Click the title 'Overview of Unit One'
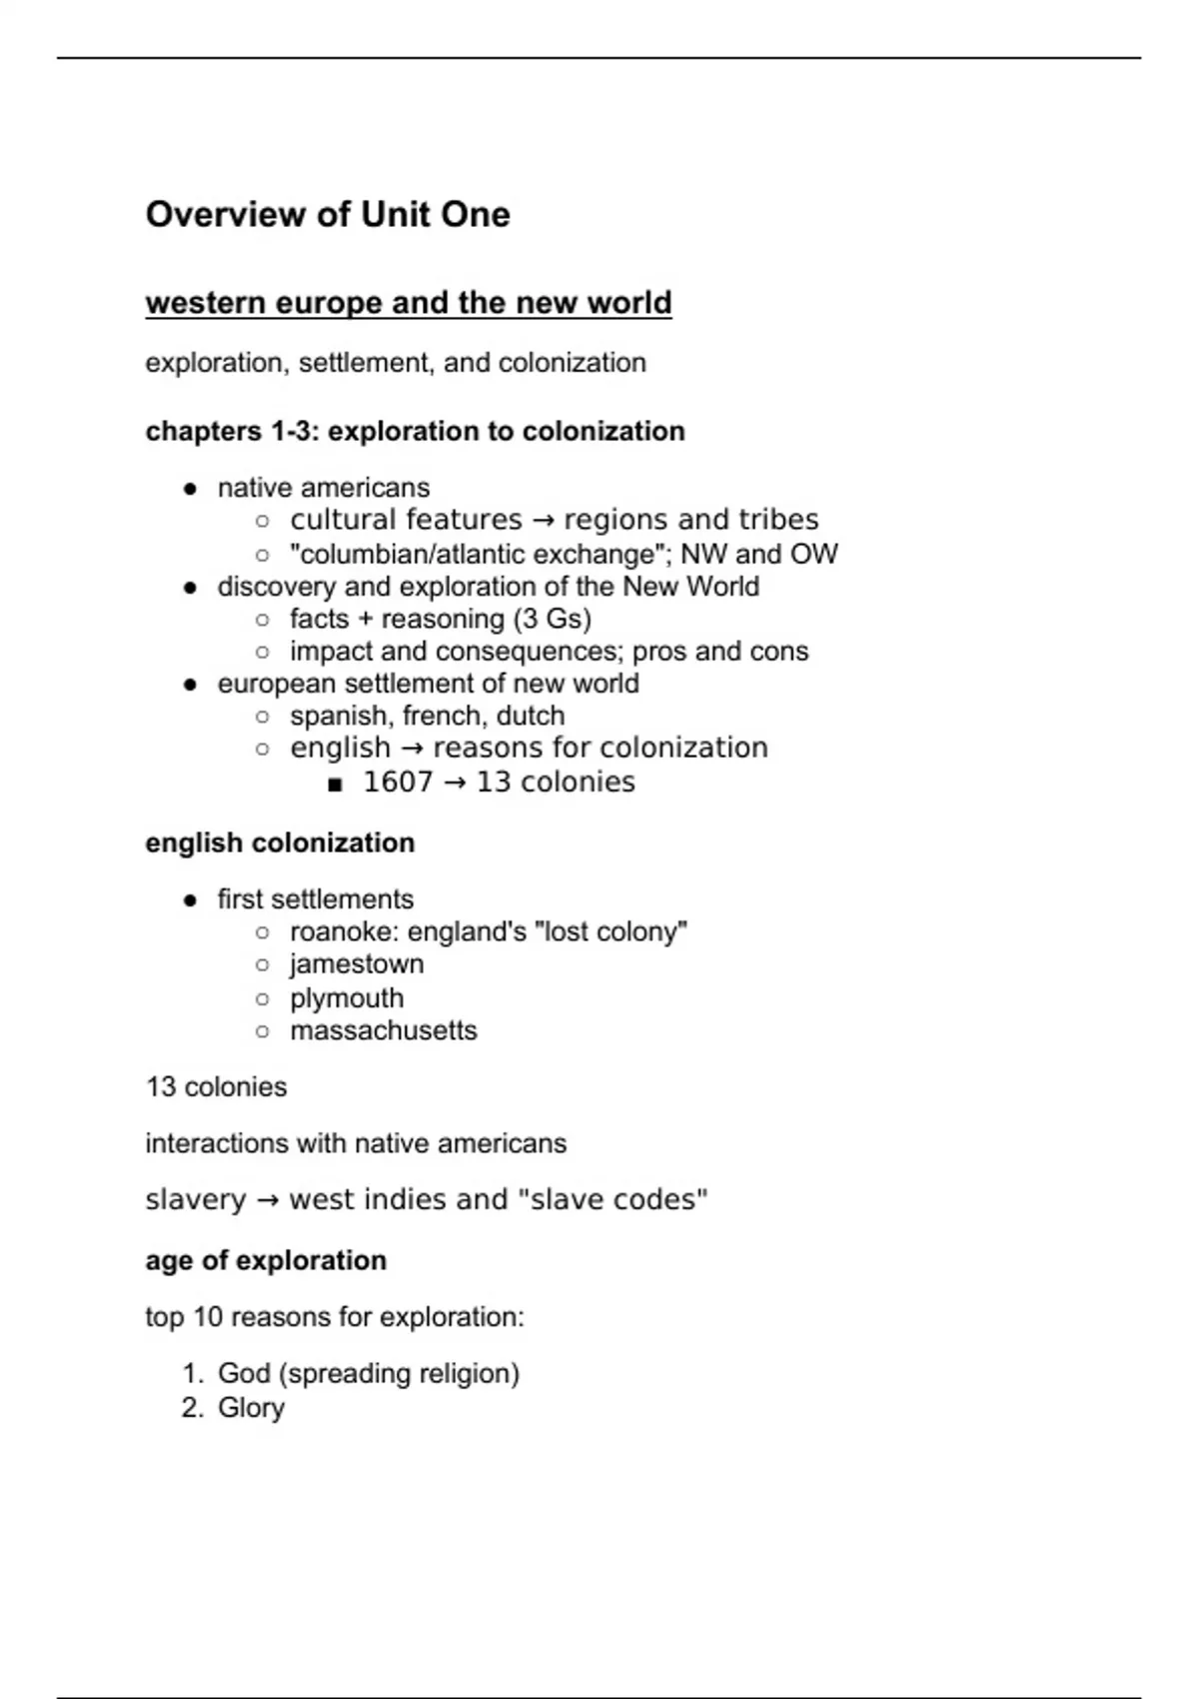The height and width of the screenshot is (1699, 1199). tap(328, 215)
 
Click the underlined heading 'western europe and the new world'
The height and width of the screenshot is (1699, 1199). tap(408, 303)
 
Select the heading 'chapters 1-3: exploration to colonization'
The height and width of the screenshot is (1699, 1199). tap(415, 432)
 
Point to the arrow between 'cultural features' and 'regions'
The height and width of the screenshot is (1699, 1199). tap(543, 521)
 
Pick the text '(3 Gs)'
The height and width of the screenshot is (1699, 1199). tap(552, 620)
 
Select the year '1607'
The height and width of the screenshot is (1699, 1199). tap(398, 783)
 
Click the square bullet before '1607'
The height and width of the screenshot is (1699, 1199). tap(335, 785)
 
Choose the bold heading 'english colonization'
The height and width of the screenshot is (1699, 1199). tap(280, 844)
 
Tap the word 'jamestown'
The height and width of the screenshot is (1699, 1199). tap(357, 964)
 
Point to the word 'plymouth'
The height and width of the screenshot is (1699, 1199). tap(347, 998)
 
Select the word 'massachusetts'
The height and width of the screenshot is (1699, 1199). tap(384, 1030)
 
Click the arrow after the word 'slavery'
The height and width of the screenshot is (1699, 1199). tap(267, 1200)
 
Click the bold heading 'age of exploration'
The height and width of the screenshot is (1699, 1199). tap(266, 1261)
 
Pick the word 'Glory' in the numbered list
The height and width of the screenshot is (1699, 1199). tap(251, 1408)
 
